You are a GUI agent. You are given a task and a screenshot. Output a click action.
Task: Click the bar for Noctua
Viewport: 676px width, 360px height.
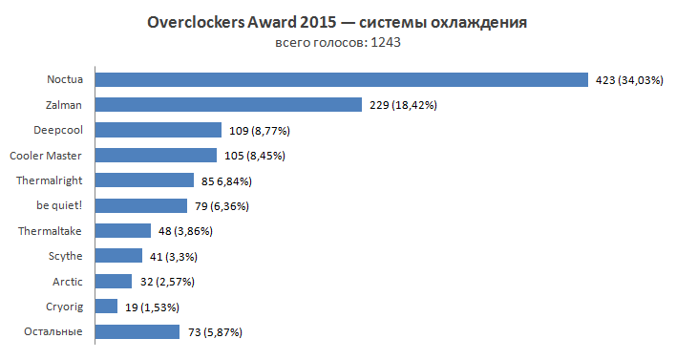tap(341, 79)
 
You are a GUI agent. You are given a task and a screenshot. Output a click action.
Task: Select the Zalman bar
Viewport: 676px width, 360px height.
tap(228, 105)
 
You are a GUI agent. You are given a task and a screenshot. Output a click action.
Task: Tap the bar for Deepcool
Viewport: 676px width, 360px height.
tap(158, 130)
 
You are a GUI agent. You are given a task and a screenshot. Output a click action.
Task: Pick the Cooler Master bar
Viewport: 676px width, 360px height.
tap(156, 155)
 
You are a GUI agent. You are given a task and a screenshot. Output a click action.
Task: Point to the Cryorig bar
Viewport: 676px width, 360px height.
tap(106, 307)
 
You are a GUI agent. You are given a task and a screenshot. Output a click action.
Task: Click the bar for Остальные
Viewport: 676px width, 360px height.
tap(137, 331)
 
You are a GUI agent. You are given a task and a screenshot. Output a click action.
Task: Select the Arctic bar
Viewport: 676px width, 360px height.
tap(114, 281)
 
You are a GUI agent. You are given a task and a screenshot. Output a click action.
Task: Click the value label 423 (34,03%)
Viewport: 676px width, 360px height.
tap(629, 80)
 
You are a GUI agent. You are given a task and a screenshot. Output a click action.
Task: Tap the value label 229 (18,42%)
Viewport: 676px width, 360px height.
tap(402, 105)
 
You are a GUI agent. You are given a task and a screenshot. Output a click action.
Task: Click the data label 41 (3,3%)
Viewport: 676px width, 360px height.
tap(176, 256)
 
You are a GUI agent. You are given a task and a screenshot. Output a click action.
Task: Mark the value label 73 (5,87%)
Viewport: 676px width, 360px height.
tap(215, 332)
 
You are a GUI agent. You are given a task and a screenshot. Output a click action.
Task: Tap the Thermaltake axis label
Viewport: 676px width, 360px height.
tap(50, 230)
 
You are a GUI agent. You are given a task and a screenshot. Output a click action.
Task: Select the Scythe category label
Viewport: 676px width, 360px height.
tap(65, 256)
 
